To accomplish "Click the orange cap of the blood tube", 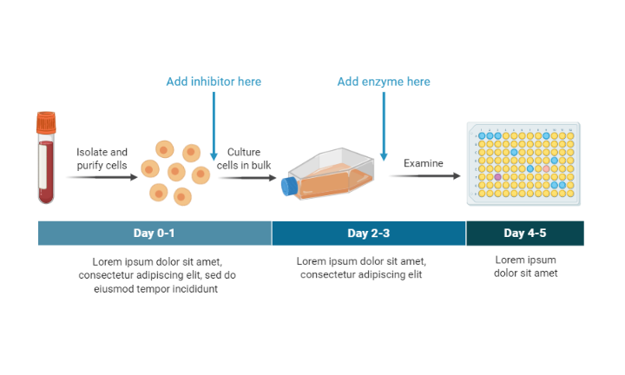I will click(46, 123).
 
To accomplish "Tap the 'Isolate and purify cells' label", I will click(102, 158).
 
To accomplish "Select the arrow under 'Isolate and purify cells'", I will click(102, 177).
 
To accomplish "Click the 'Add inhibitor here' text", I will click(214, 82).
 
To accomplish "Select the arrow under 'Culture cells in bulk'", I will click(247, 177).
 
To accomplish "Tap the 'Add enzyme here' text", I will click(384, 82).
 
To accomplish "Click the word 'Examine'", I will click(423, 163).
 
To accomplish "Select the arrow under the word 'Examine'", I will click(424, 176).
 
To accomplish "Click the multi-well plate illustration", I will click(523, 163).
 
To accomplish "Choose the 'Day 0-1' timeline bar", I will click(155, 234).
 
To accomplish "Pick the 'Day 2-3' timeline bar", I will click(369, 234).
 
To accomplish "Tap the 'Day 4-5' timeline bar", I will click(524, 234).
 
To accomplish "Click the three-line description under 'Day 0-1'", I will click(157, 275).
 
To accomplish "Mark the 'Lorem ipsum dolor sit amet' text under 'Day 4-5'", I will click(525, 266).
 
